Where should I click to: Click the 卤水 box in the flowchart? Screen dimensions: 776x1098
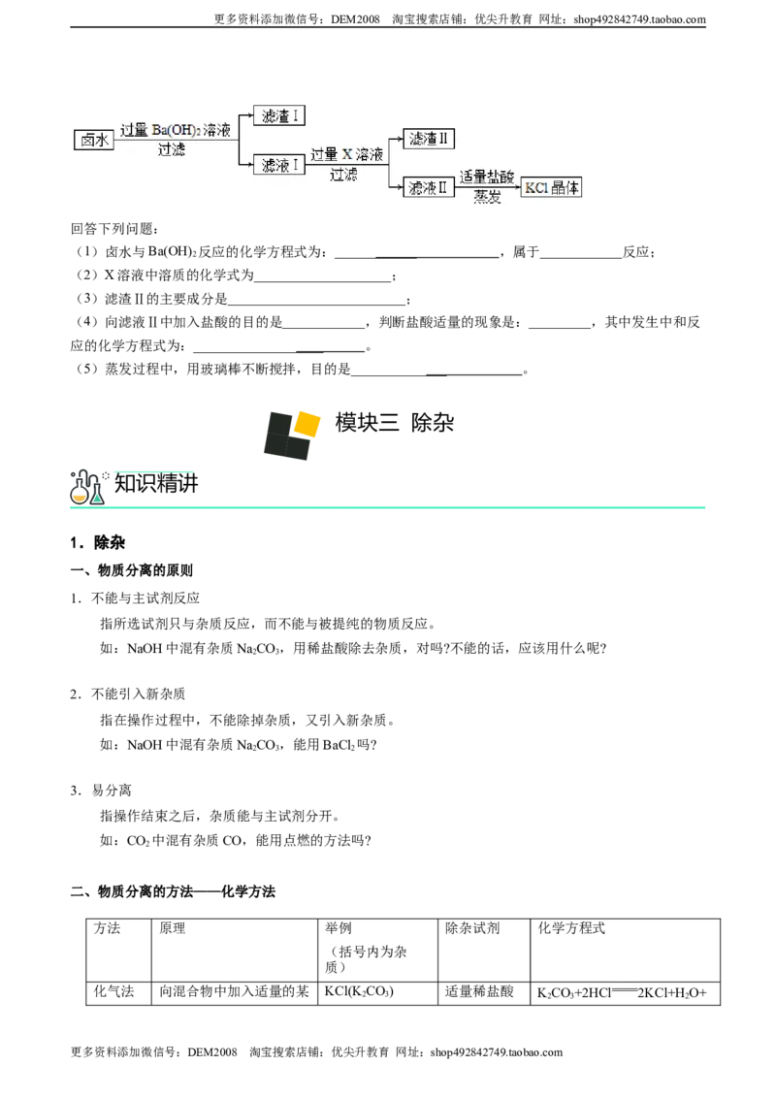click(x=94, y=140)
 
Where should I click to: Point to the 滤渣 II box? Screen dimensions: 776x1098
click(x=429, y=139)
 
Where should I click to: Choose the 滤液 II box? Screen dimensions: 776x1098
click(x=429, y=187)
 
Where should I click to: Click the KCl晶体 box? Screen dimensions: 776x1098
click(x=551, y=187)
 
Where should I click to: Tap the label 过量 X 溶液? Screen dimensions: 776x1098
click(x=346, y=154)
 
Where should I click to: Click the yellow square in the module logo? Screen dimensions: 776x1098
click(x=307, y=423)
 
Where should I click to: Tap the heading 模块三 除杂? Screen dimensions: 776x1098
click(x=395, y=422)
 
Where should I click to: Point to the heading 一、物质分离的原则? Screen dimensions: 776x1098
click(x=132, y=570)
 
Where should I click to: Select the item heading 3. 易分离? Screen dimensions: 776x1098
click(x=101, y=791)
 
